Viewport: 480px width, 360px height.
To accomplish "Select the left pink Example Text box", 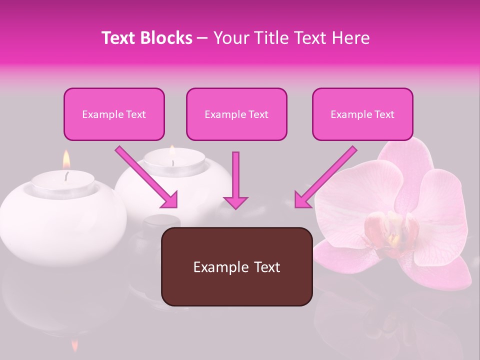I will pyautogui.click(x=114, y=114).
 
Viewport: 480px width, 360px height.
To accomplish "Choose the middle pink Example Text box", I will pyautogui.click(x=236, y=114).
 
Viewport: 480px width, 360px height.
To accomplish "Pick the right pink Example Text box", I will pyautogui.click(x=362, y=114).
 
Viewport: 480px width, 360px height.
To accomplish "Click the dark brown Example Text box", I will pyautogui.click(x=236, y=267).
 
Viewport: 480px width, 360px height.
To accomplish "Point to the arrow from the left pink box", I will pyautogui.click(x=147, y=177).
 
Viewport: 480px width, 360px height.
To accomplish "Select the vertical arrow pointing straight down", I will pyautogui.click(x=235, y=180).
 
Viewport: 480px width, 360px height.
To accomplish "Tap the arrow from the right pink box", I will pyautogui.click(x=325, y=177).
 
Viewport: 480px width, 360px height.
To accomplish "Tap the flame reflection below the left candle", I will pyautogui.click(x=75, y=345).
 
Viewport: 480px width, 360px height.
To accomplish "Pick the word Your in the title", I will pyautogui.click(x=230, y=38).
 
